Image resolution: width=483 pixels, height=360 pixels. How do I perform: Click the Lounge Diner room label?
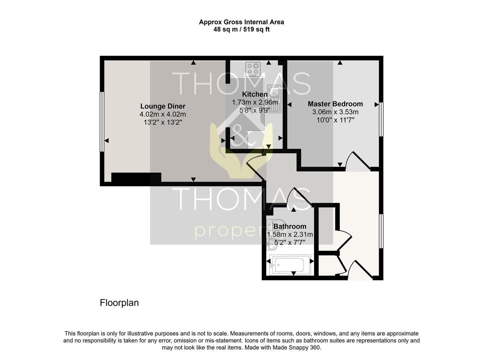pos(163,106)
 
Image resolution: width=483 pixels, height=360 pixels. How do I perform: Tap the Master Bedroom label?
pos(335,104)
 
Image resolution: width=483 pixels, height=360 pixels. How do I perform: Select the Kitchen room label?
pos(254,94)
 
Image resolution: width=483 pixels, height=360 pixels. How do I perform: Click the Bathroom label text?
pos(289,226)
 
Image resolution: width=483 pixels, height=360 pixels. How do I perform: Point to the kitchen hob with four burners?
pos(253,69)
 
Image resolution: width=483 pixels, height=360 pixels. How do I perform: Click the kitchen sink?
pos(274,99)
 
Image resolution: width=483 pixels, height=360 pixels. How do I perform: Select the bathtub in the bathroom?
pos(290,265)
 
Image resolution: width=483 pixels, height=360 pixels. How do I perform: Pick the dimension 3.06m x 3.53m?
pos(335,112)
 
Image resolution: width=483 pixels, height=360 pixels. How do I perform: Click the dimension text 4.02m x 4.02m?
pos(163,114)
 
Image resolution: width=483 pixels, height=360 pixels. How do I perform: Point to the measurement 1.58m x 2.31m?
pos(290,234)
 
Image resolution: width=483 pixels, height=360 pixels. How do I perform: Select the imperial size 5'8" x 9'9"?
pos(254,110)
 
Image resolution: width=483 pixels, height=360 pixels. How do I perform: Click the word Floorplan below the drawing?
pos(119,303)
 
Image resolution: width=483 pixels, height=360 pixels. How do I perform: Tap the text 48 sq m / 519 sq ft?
pos(241,29)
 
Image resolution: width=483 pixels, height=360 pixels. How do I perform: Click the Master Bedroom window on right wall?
pos(381,119)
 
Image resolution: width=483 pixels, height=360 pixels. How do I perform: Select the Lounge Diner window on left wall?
pos(102,122)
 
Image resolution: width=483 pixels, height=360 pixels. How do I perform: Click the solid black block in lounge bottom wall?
pos(136,178)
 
